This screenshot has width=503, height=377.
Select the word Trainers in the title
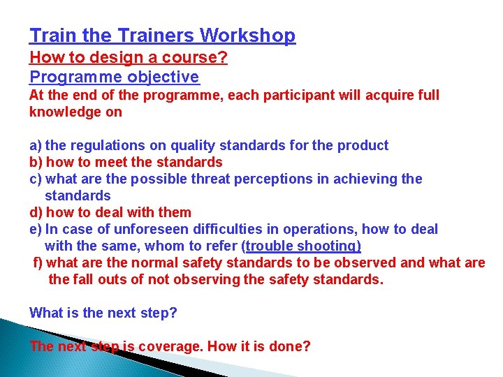pos(158,35)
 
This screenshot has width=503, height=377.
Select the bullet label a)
pos(36,145)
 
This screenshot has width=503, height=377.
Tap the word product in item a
pos(363,145)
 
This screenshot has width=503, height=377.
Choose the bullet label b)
pos(36,162)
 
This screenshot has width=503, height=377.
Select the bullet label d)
pos(36,212)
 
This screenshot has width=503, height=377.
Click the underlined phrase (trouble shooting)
pos(301,246)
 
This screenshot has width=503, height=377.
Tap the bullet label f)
pos(38,263)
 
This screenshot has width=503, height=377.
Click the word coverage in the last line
pos(170,346)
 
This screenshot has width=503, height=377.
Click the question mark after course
pos(223,57)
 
